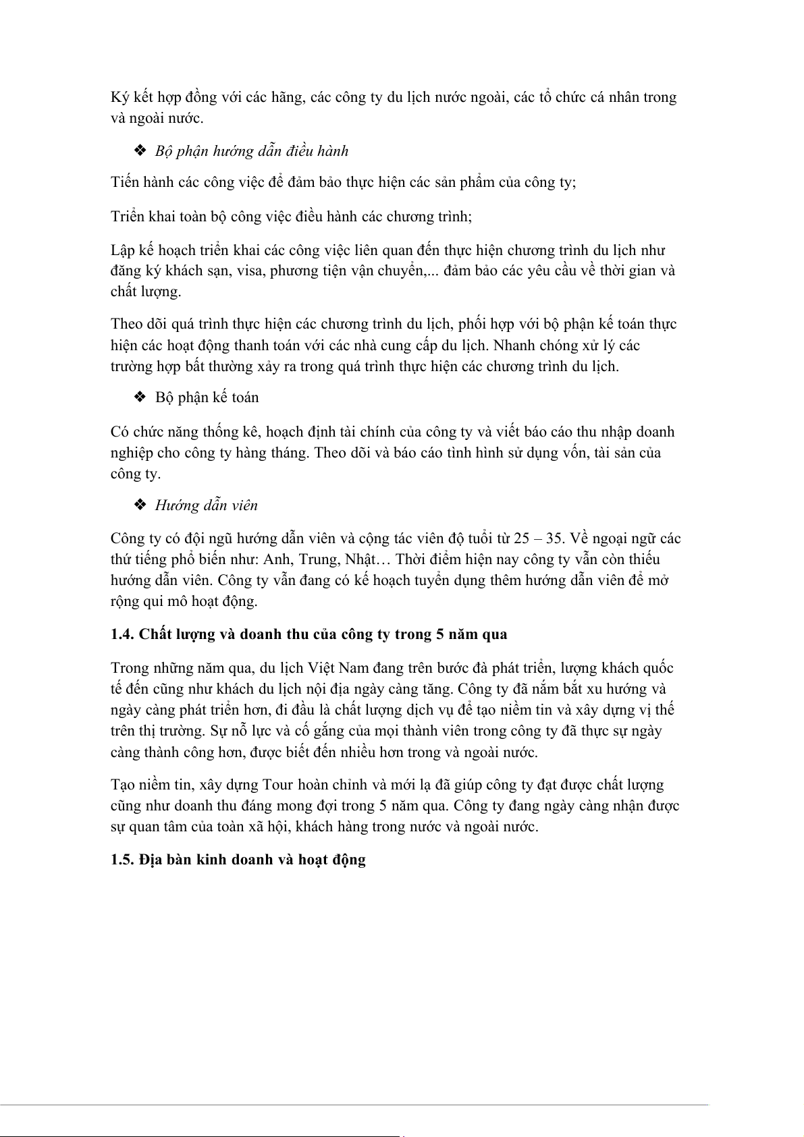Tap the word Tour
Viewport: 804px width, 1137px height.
[x=277, y=785]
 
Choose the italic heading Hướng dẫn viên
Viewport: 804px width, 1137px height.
[x=206, y=505]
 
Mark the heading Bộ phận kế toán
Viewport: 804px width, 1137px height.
[x=207, y=397]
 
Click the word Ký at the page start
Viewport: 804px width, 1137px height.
[x=120, y=98]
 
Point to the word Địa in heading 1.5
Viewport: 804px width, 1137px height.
[x=152, y=860]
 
